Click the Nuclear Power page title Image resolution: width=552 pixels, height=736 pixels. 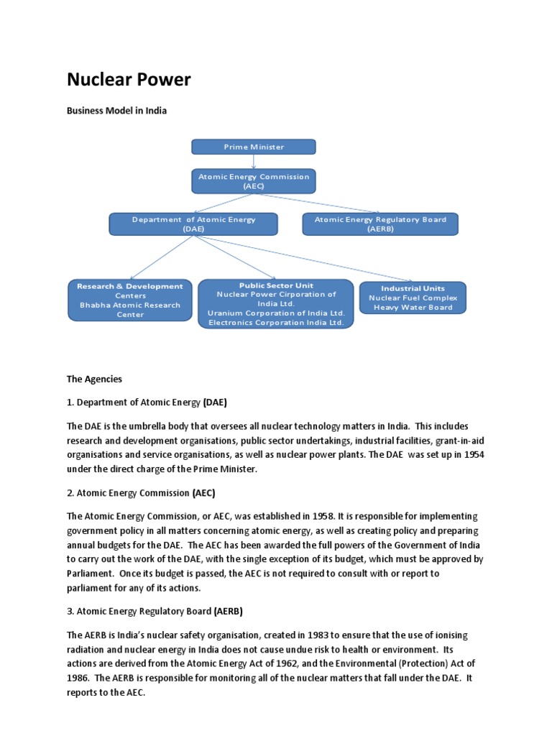(129, 80)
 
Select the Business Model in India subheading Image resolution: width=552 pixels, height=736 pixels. (116, 111)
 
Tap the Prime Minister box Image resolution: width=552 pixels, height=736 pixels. (253, 147)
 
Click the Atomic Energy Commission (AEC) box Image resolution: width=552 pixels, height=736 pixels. (253, 181)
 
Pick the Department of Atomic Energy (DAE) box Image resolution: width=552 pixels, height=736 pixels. (193, 224)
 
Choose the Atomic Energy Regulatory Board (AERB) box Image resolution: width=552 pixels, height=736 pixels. (380, 224)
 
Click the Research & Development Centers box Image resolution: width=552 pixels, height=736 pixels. (130, 300)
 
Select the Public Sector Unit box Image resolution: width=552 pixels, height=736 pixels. (276, 304)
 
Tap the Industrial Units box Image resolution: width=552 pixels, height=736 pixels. (413, 298)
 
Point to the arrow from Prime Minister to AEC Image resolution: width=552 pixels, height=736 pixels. (254, 162)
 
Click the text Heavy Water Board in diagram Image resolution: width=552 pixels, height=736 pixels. (413, 308)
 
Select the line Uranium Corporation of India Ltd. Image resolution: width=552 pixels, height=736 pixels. (276, 313)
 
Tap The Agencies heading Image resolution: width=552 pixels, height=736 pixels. (94, 379)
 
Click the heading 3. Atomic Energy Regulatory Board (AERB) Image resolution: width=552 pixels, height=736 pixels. (155, 611)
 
